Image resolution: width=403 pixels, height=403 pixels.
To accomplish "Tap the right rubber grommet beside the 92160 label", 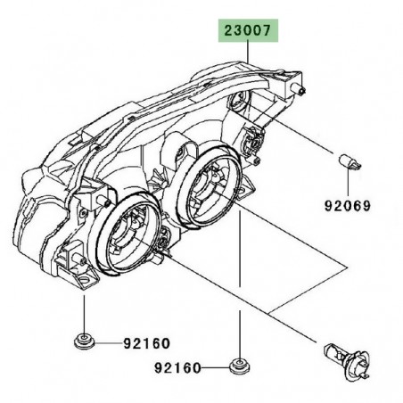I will (239, 366).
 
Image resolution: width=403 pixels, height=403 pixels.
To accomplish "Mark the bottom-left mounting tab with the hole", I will (78, 276).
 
